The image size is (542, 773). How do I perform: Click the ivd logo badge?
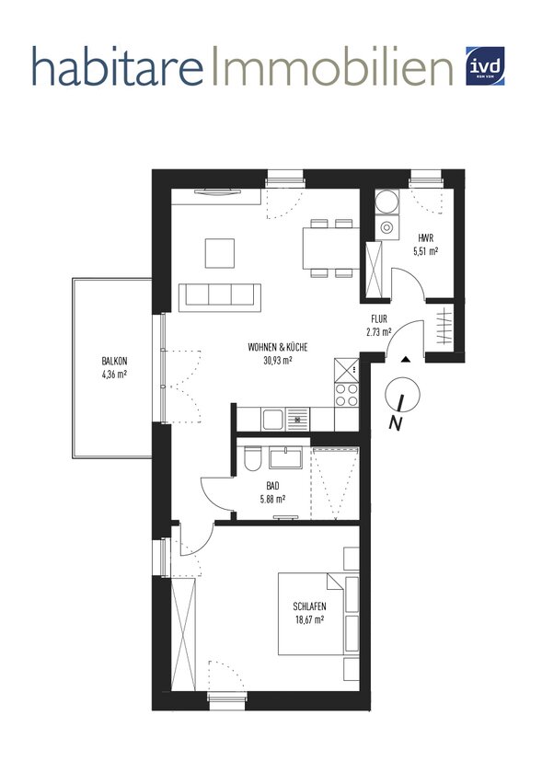(x=485, y=66)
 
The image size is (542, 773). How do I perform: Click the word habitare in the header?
(x=118, y=66)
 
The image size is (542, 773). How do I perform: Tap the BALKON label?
(x=114, y=362)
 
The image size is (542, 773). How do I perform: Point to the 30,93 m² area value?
(x=278, y=361)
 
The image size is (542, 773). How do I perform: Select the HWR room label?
(x=425, y=238)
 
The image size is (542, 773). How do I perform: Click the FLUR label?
(x=379, y=319)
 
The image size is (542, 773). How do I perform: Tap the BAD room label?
(x=272, y=487)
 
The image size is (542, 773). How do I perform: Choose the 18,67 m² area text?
(x=309, y=620)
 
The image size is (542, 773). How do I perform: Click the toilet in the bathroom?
(x=253, y=457)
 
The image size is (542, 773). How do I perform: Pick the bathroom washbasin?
(x=286, y=457)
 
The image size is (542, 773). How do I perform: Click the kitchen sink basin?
(x=272, y=420)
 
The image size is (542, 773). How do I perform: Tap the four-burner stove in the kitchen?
(x=347, y=395)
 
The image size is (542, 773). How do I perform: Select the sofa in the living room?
(x=219, y=298)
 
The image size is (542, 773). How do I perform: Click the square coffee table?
(x=220, y=253)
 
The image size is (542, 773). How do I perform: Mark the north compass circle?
(x=403, y=395)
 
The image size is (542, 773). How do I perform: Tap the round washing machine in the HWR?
(x=386, y=202)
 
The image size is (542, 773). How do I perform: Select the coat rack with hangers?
(x=445, y=326)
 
